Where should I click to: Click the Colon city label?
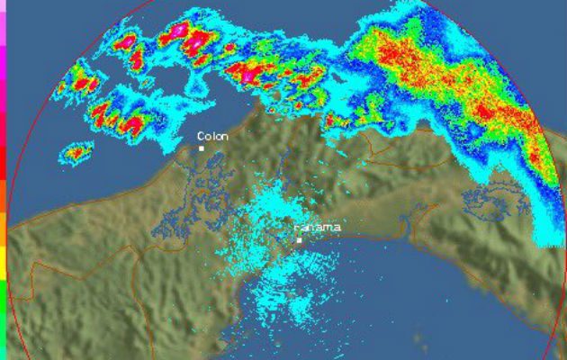point(213,136)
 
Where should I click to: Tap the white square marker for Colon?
point(202,148)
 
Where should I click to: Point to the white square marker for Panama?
point(299,240)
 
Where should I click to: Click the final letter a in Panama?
point(337,228)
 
